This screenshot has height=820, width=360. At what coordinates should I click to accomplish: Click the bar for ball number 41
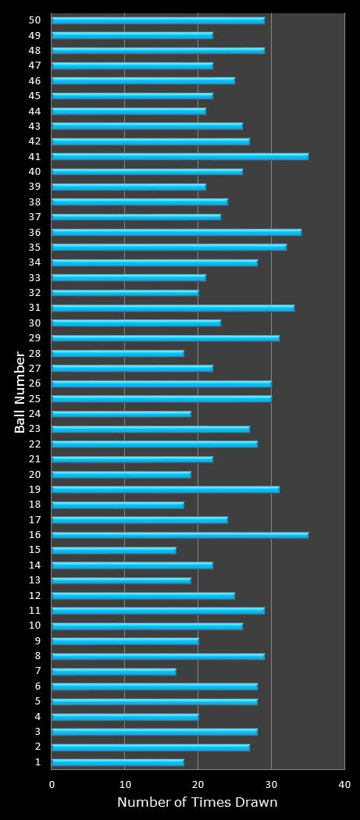tap(180, 156)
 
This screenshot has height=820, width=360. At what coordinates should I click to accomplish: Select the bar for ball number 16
tap(180, 535)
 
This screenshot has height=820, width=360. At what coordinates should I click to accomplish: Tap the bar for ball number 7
tap(114, 671)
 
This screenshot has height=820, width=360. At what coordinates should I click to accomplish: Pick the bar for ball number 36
tap(176, 232)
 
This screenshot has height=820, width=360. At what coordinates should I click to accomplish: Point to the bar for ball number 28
tap(118, 353)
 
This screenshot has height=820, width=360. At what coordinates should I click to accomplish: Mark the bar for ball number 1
tap(118, 762)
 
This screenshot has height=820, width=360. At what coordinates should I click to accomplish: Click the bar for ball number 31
tap(173, 308)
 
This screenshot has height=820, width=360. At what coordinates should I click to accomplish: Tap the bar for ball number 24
tap(121, 414)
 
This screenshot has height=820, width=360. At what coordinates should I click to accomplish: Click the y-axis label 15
tap(34, 550)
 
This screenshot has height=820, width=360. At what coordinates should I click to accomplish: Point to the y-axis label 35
tap(34, 247)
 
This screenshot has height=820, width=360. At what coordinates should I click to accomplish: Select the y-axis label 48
tap(34, 51)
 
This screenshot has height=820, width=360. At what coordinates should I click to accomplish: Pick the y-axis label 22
tap(34, 444)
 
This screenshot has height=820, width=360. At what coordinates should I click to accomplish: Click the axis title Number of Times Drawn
tap(198, 803)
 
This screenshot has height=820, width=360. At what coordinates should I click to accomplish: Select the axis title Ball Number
tap(20, 391)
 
